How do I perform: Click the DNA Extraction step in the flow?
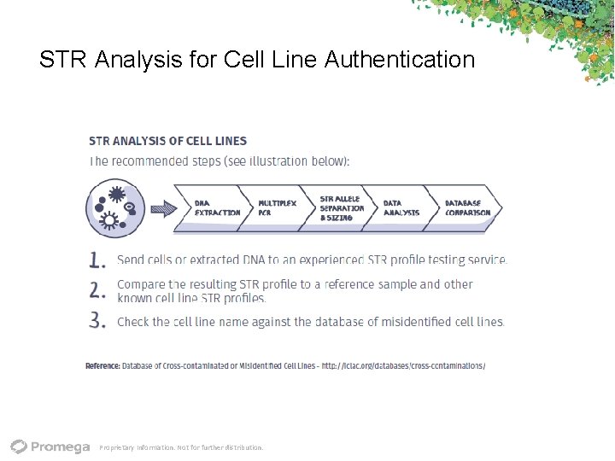click(215, 207)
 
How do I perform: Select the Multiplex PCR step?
click(277, 207)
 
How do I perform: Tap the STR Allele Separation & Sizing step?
click(341, 207)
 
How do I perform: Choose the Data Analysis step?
click(401, 207)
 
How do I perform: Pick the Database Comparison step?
click(466, 207)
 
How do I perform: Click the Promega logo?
click(50, 446)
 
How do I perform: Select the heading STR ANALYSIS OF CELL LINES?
click(167, 141)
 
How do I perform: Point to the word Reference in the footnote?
click(102, 365)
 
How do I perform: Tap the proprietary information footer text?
click(181, 447)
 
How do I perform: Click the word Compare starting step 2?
click(142, 284)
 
